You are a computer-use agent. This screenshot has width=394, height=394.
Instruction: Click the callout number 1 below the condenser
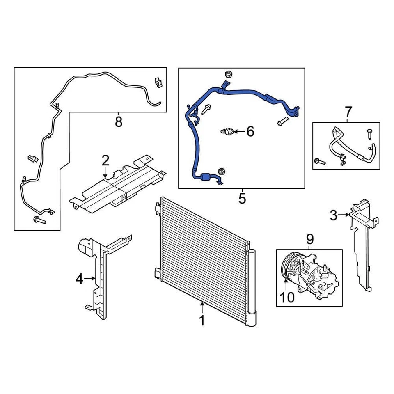(202, 320)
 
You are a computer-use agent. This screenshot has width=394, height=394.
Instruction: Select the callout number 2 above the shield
(105, 160)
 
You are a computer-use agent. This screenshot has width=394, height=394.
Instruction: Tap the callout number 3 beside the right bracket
(334, 214)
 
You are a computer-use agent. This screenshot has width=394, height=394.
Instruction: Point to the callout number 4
(79, 279)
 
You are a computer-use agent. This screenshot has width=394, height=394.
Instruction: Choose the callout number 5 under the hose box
(242, 199)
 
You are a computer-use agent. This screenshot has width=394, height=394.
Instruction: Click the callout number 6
(250, 131)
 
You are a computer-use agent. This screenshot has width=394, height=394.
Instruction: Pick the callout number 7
(348, 111)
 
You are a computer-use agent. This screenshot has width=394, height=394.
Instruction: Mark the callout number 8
(119, 122)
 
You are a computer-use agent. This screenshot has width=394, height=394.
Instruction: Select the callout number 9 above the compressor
(309, 238)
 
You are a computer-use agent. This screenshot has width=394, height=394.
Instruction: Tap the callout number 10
(288, 298)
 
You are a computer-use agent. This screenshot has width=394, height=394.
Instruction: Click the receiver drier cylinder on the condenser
(252, 287)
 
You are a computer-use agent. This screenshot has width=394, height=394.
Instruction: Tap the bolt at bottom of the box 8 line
(39, 220)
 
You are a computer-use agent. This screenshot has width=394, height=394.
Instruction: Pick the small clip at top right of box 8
(159, 82)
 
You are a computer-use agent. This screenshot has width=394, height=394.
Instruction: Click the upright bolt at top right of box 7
(369, 134)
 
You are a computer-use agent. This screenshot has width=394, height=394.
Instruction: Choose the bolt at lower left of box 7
(319, 162)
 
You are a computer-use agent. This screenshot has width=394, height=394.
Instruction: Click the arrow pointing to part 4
(90, 279)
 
